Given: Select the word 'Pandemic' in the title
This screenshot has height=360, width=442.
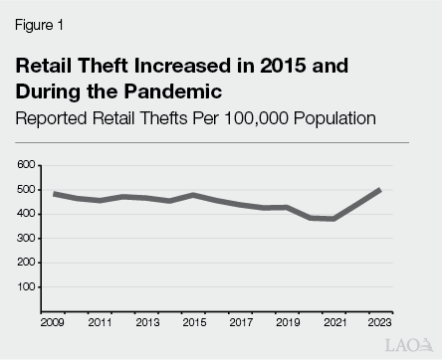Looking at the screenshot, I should pos(180,92).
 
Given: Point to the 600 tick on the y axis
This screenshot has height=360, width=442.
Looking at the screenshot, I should pos(26,165).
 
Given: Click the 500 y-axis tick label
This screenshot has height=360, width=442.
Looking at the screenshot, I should pos(26,190).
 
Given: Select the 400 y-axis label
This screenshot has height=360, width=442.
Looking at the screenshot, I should pos(26,214).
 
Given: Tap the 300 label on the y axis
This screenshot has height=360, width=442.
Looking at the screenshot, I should pos(26,239).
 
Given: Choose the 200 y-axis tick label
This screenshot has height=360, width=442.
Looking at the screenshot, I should pos(26,263).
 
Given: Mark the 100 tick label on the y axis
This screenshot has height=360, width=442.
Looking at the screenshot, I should pos(26,287).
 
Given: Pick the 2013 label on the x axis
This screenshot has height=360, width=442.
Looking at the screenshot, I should pos(147,323).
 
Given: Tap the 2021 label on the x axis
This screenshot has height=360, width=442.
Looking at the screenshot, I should pos(332,323).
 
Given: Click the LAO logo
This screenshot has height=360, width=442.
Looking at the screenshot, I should pos(407,343).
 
